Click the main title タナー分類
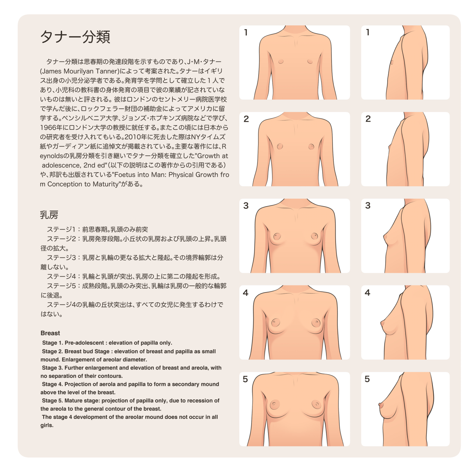(x=75, y=37)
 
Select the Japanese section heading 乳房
(x=49, y=215)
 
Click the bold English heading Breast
(x=50, y=333)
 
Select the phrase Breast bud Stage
(x=87, y=351)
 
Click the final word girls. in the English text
(x=47, y=425)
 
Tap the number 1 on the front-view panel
(x=246, y=32)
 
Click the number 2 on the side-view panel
(x=368, y=119)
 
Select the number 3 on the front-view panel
(x=246, y=205)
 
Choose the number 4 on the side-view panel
(x=368, y=292)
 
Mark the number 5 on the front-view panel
(x=245, y=379)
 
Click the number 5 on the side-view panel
(x=367, y=379)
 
